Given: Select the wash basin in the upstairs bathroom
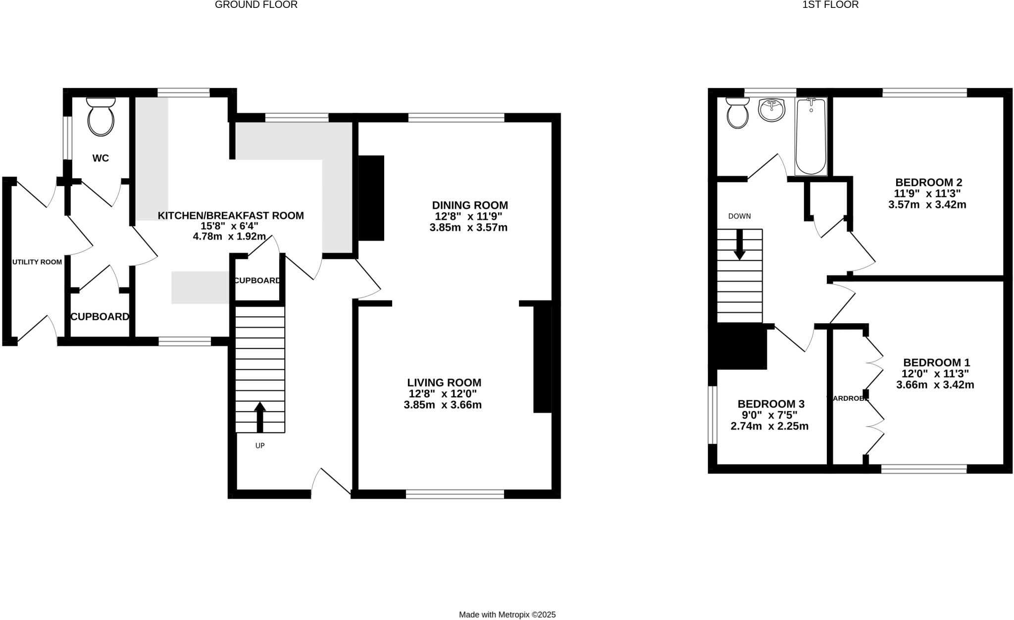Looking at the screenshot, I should coord(771,110).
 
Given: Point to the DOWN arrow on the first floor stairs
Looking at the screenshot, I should coord(739,244).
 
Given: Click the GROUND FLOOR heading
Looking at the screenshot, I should coord(256,5).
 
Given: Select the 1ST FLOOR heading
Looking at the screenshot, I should coord(830,5).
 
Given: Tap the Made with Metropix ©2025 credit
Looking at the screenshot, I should coord(507,615).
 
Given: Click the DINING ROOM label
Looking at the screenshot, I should coord(470,205).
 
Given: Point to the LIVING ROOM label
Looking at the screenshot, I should coord(444,382).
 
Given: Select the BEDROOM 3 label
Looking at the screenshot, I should coord(771,404).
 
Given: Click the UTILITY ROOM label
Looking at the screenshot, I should coord(37,262).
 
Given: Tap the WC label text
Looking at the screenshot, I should coord(101,158).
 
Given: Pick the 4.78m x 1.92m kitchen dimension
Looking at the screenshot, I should coord(229,237).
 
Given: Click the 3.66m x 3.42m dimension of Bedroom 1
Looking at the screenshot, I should coord(935,384).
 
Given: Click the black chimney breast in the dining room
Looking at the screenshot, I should coord(371,198).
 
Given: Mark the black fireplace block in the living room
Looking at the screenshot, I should coord(542,359).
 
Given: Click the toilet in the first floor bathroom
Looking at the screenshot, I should coord(738,113).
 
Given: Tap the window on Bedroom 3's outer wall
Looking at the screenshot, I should coord(712,415).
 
